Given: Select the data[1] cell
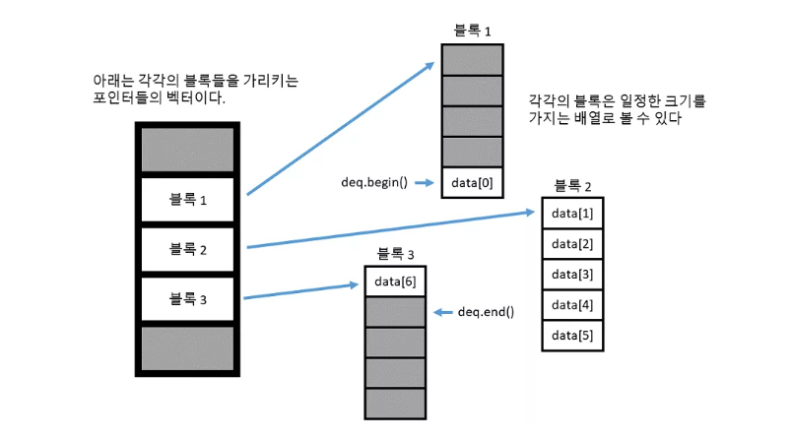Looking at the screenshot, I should point(572,214).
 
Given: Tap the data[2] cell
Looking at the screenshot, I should point(572,244).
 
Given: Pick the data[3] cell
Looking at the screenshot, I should point(572,275).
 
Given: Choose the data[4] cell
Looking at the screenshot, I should point(572,305).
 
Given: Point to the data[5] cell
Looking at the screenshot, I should point(572,336).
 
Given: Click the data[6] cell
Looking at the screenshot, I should point(396,283).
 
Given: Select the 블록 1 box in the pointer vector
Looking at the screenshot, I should point(187,201).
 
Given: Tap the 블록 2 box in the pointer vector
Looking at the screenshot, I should point(187,250).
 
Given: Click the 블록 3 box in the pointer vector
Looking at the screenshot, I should point(187,299).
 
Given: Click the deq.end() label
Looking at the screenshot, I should point(487,312).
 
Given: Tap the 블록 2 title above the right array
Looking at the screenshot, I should point(572,186).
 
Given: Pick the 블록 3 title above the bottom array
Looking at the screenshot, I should point(396,255).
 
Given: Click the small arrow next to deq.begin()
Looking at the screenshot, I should point(425,183).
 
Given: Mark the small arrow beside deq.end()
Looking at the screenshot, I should point(442,312).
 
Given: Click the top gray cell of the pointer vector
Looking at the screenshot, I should point(187,150).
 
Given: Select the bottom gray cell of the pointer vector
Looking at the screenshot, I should point(187,348).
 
